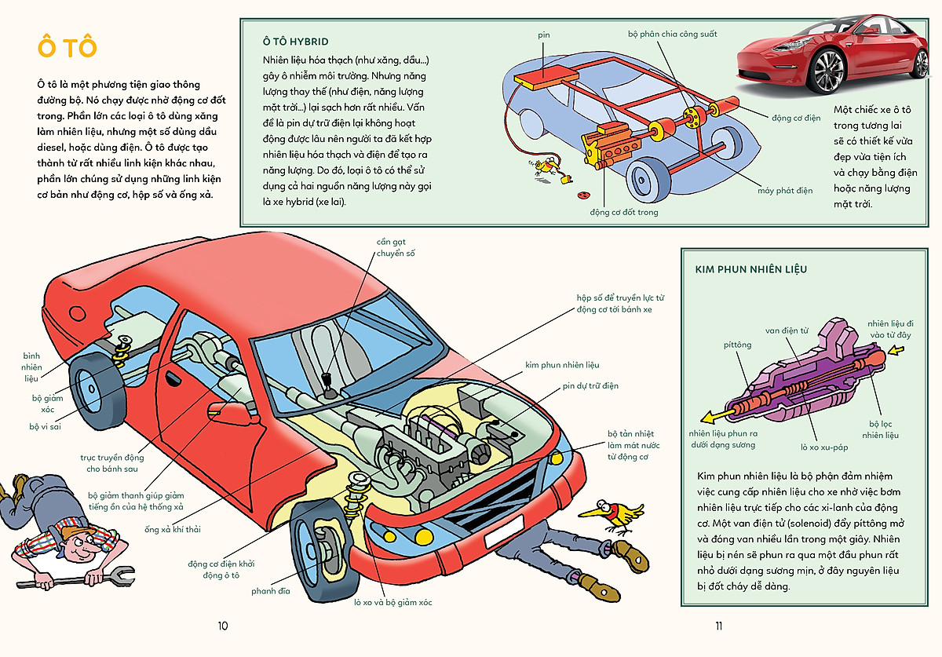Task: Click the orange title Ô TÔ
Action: pos(67,47)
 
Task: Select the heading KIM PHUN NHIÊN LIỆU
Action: pos(750,269)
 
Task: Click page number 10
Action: pos(222,626)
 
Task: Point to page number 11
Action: pos(718,626)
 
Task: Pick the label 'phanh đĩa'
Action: pos(271,591)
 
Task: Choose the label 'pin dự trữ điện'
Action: pos(590,386)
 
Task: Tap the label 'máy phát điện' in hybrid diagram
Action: pos(785,191)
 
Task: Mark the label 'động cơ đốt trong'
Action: pos(624,212)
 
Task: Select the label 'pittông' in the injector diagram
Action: pos(737,344)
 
